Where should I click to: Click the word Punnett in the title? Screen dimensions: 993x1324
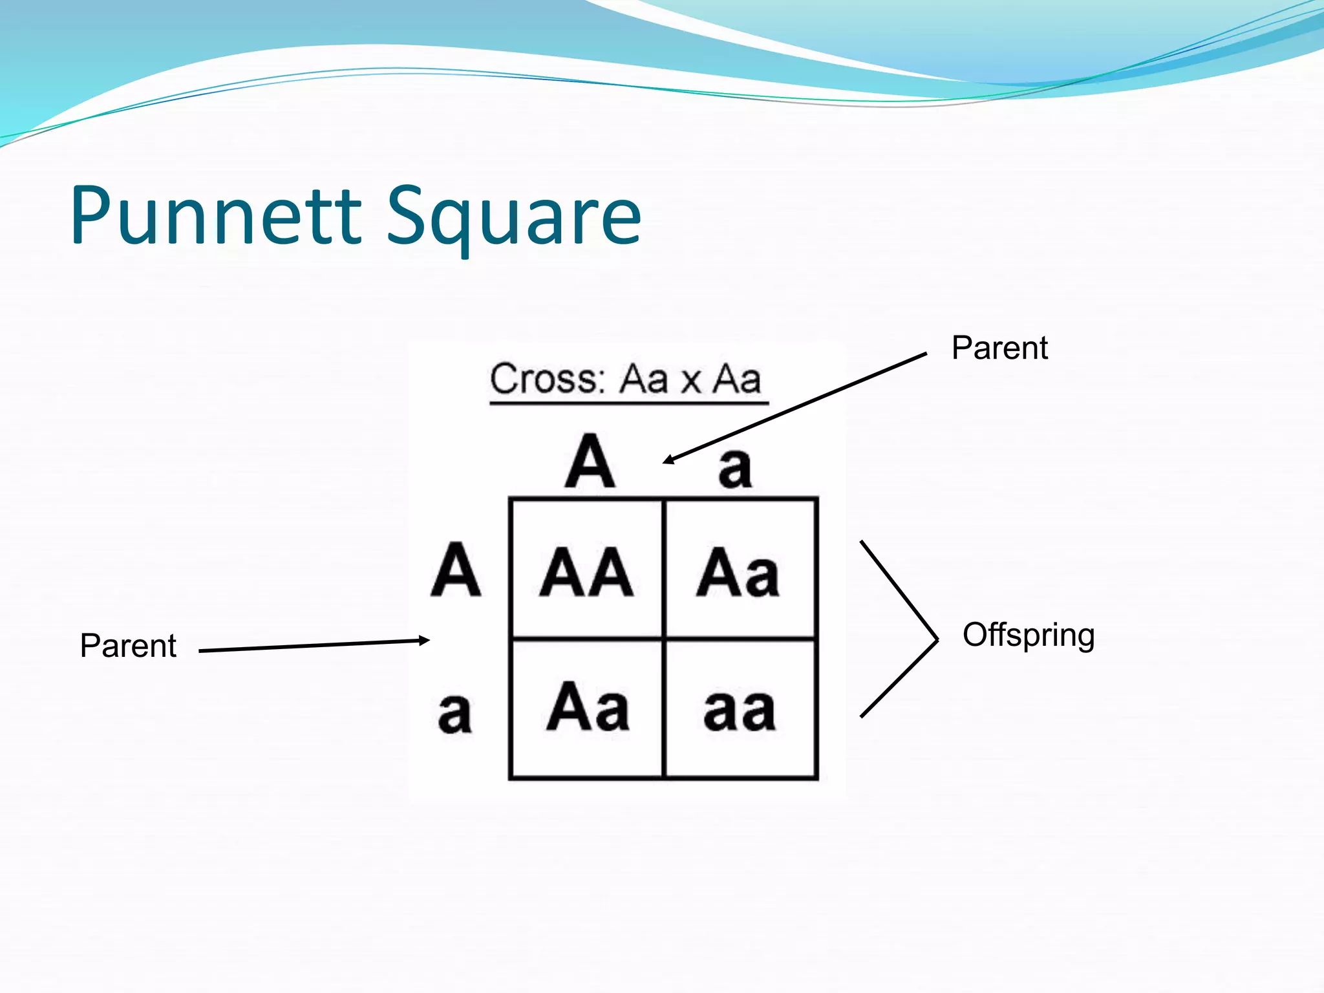point(217,216)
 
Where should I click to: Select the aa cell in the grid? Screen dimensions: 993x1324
point(740,709)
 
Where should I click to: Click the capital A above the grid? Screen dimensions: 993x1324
point(590,462)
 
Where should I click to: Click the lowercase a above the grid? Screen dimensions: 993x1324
point(735,467)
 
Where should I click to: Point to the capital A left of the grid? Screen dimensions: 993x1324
point(456,570)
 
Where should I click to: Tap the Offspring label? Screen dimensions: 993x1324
point(1028,635)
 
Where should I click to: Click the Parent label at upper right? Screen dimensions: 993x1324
point(999,348)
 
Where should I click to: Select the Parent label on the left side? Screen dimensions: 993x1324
point(128,646)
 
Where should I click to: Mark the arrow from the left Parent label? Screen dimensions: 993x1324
point(314,645)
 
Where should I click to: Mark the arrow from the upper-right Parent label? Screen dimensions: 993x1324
point(795,407)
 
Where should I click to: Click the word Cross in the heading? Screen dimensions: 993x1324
point(546,379)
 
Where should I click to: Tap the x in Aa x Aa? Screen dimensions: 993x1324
point(690,381)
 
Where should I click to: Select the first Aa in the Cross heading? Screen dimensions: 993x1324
point(643,379)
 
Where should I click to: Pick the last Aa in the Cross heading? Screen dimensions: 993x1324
point(736,379)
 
